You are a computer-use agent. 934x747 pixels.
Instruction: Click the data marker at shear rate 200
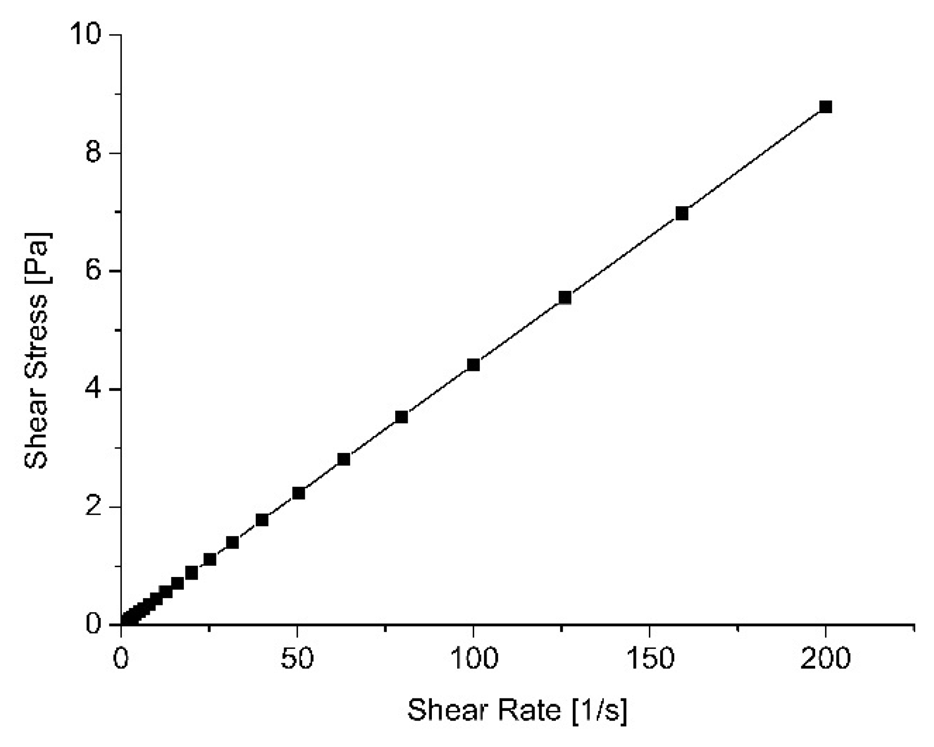(826, 107)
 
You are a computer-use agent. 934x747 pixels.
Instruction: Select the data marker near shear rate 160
(682, 213)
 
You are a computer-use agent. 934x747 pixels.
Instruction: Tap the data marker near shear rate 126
(565, 298)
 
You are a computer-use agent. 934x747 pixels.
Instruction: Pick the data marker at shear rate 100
(473, 365)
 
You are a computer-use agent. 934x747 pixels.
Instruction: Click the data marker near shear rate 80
(401, 417)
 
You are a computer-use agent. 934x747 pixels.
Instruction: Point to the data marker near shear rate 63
(344, 459)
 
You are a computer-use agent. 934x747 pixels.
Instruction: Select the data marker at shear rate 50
(299, 493)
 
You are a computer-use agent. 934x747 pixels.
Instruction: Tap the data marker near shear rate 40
(262, 520)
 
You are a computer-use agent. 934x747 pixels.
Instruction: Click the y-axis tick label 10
(86, 35)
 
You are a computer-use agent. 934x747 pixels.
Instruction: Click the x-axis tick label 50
(297, 660)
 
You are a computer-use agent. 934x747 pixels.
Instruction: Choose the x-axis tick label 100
(473, 660)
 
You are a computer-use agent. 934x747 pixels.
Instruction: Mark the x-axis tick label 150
(649, 660)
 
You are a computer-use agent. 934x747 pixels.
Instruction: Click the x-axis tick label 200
(825, 660)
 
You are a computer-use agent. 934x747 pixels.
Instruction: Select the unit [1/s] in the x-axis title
(600, 711)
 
